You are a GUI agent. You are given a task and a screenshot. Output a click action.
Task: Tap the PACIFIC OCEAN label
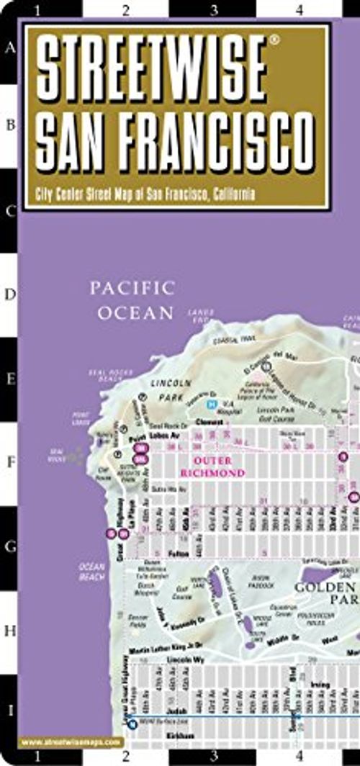(132, 300)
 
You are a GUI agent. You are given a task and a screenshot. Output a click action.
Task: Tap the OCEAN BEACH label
(92, 572)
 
